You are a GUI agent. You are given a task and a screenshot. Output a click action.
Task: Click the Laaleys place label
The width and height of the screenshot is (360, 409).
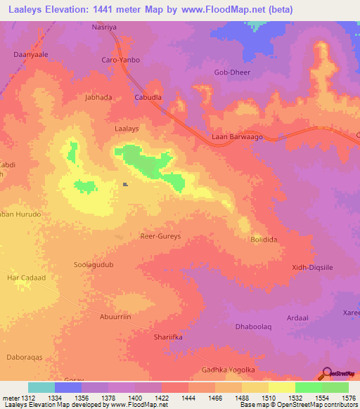pyautogui.click(x=127, y=129)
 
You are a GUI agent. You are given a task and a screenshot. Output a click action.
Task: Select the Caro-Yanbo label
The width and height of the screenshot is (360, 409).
pyautogui.click(x=122, y=60)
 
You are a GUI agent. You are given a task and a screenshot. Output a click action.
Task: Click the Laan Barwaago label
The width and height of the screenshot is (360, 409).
pyautogui.click(x=237, y=137)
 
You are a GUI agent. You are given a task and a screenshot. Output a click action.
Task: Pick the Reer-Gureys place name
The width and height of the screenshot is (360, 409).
pyautogui.click(x=161, y=236)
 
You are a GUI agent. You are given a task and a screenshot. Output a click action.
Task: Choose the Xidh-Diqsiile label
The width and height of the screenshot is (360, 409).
pyautogui.click(x=312, y=267)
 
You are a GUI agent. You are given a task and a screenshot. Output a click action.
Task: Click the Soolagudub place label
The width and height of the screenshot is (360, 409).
pyautogui.click(x=94, y=265)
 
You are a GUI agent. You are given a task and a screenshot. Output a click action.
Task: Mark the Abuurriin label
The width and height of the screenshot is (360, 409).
pyautogui.click(x=115, y=317)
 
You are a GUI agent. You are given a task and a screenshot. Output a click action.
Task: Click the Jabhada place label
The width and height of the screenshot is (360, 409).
pyautogui.click(x=98, y=98)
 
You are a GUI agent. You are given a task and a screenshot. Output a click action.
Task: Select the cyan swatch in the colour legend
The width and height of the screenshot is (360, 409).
pyautogui.click(x=41, y=387)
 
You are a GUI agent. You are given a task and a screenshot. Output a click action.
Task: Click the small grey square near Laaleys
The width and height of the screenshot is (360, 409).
pyautogui.click(x=125, y=185)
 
